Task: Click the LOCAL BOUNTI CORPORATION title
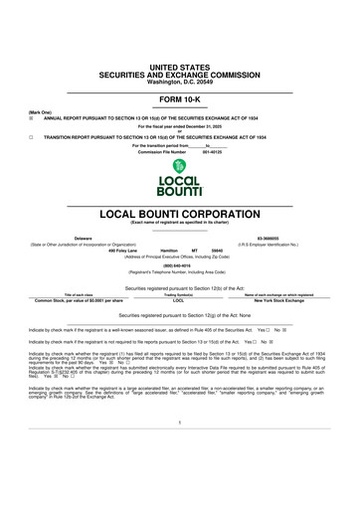tap(180, 215)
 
